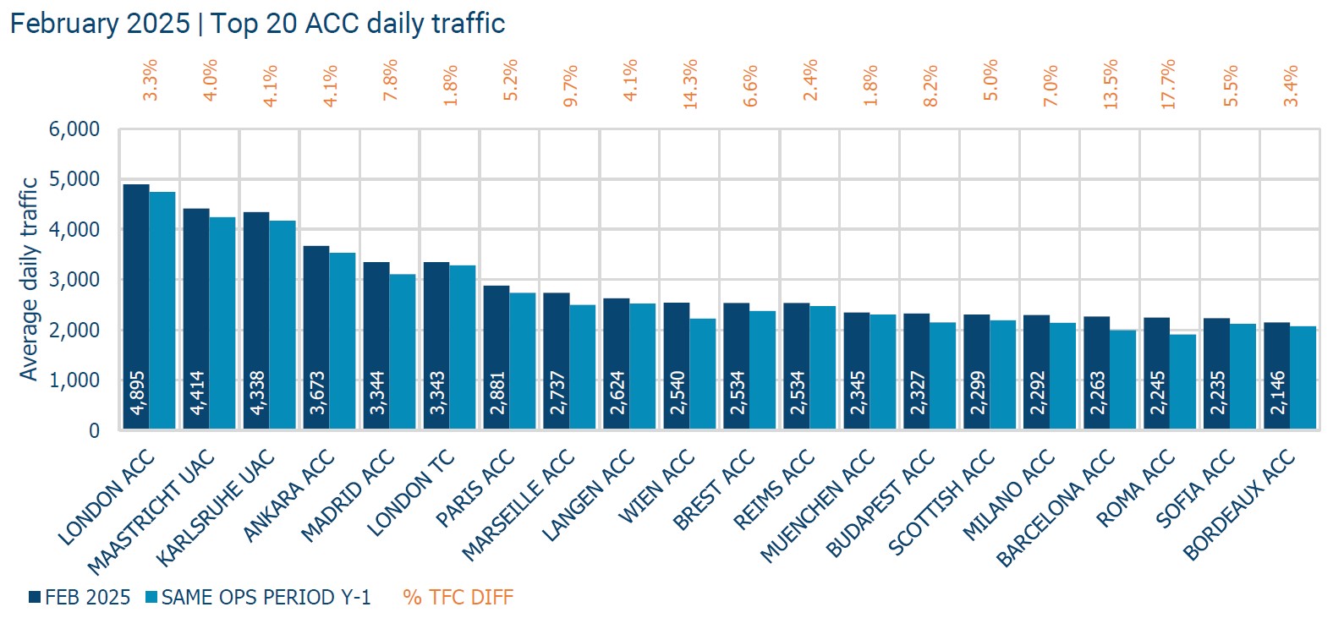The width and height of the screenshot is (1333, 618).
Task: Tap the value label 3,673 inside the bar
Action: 317,392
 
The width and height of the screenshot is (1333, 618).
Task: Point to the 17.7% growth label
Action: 1169,83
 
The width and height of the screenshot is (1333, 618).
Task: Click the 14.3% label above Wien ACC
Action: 690,83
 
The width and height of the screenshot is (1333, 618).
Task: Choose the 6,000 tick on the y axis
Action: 74,129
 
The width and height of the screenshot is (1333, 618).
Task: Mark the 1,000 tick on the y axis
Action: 74,380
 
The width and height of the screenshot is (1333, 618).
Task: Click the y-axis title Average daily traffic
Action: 29,279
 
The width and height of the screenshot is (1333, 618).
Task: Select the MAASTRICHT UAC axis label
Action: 152,512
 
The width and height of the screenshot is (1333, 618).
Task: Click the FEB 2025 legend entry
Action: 80,598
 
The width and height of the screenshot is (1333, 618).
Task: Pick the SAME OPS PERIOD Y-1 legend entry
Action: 258,598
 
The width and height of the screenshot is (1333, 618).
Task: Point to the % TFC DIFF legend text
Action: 458,598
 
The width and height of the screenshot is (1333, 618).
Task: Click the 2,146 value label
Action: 1277,392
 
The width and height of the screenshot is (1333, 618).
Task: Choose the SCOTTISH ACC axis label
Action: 941,504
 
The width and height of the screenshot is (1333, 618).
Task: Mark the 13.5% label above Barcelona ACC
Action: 1111,83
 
